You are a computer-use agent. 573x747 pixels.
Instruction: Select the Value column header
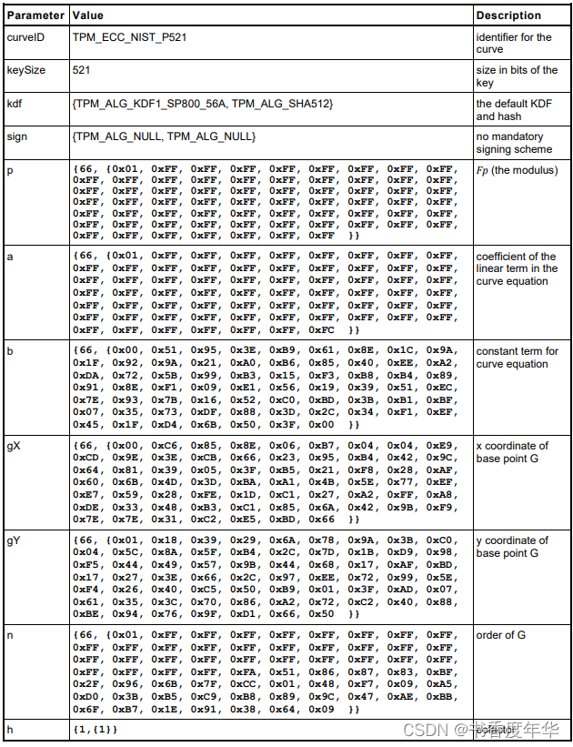click(x=88, y=15)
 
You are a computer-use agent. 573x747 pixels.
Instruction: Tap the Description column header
click(x=508, y=15)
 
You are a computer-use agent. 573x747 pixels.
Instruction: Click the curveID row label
click(x=26, y=37)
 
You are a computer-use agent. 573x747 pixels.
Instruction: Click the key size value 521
click(x=81, y=70)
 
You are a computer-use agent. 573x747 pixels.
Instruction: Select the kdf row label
click(x=15, y=104)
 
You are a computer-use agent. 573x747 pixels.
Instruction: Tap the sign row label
click(x=17, y=136)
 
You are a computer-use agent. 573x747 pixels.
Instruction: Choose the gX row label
click(x=15, y=446)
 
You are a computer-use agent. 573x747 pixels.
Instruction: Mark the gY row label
click(x=15, y=540)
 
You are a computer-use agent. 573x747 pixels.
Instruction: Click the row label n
click(x=11, y=635)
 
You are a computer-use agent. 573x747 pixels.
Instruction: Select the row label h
click(x=11, y=730)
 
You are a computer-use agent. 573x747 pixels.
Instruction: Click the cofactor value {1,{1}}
click(x=95, y=730)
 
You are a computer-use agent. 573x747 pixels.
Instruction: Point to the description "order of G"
click(x=501, y=635)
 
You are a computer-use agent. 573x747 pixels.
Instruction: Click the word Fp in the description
click(x=483, y=169)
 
